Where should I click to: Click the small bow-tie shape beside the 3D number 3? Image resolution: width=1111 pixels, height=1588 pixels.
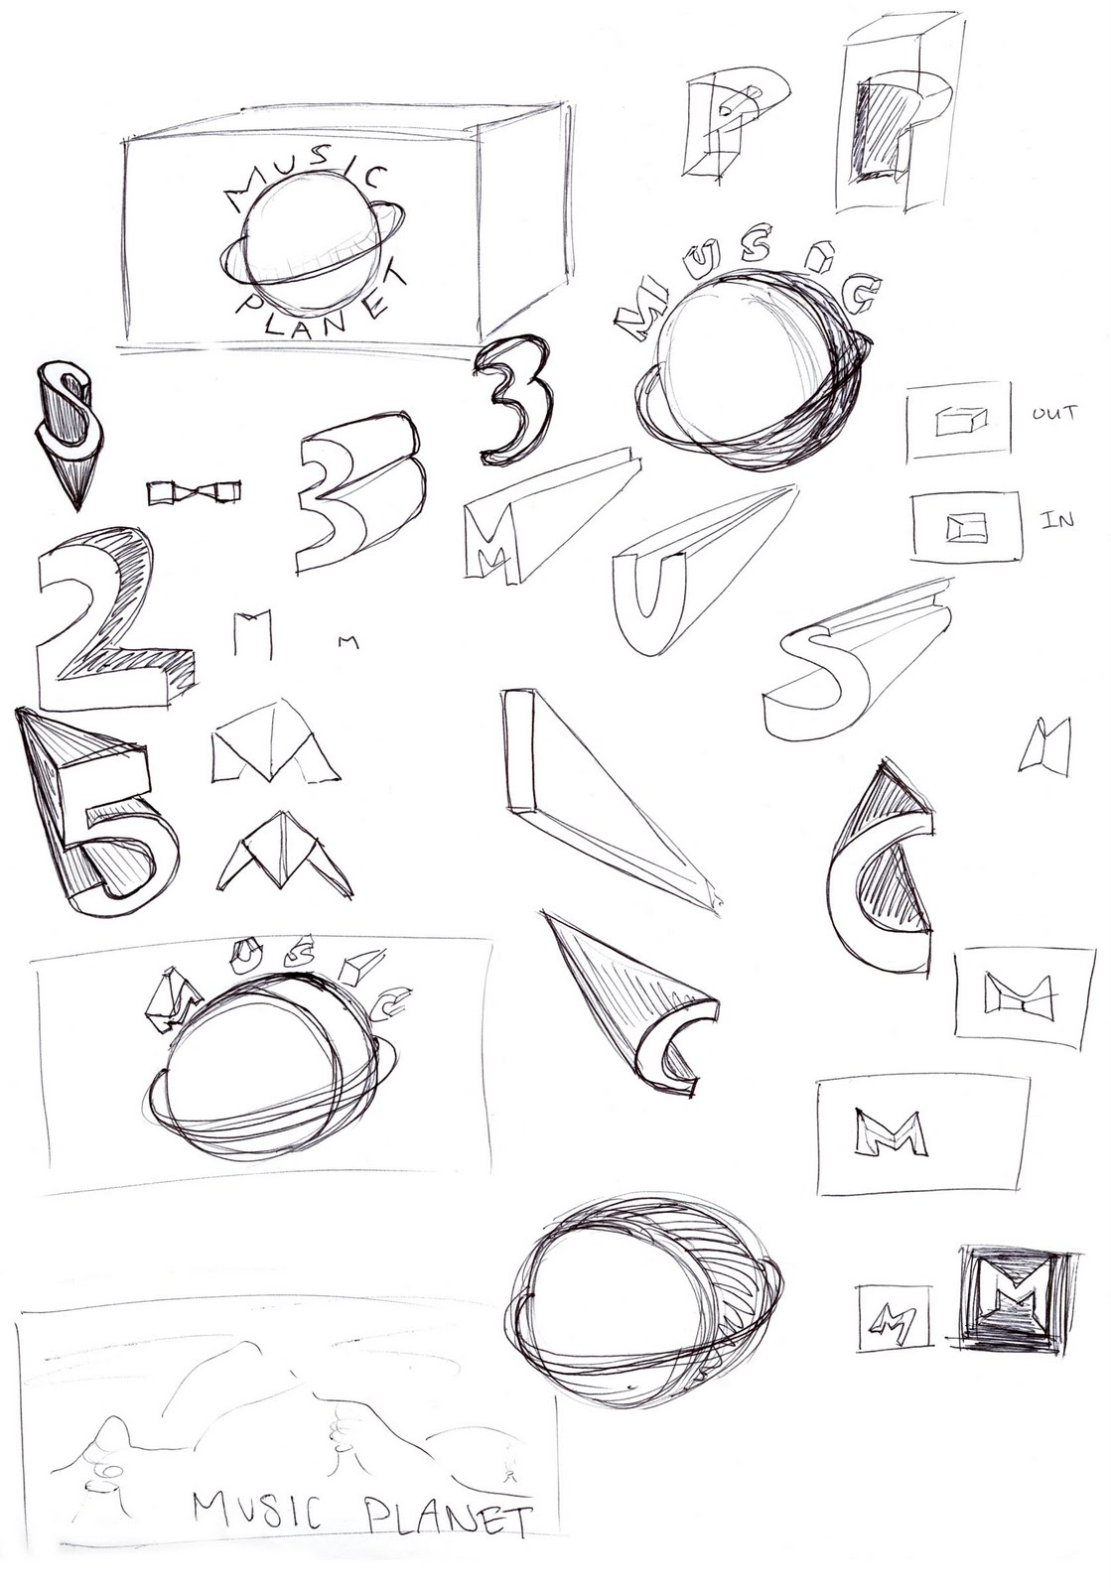click(194, 491)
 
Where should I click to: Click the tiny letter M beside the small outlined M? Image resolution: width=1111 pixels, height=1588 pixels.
click(347, 641)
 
